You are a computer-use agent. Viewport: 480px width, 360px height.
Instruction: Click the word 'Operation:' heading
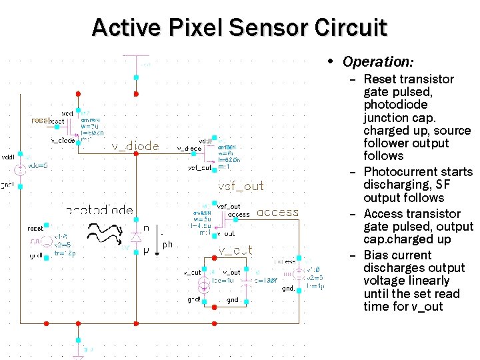378,61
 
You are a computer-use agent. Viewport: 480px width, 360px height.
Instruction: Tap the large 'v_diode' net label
135,146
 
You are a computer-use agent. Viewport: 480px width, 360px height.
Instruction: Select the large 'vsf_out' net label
241,186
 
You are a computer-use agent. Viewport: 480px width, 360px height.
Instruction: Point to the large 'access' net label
277,213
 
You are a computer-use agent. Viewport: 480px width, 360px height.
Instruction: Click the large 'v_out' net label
235,250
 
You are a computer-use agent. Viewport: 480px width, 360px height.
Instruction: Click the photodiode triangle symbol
136,237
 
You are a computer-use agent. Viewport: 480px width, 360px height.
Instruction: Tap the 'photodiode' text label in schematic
100,210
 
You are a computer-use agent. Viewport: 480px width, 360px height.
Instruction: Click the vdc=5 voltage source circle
20,170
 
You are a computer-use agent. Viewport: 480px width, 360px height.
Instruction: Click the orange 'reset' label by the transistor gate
39,121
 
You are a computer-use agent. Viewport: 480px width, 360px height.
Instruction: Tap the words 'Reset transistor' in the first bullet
408,79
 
